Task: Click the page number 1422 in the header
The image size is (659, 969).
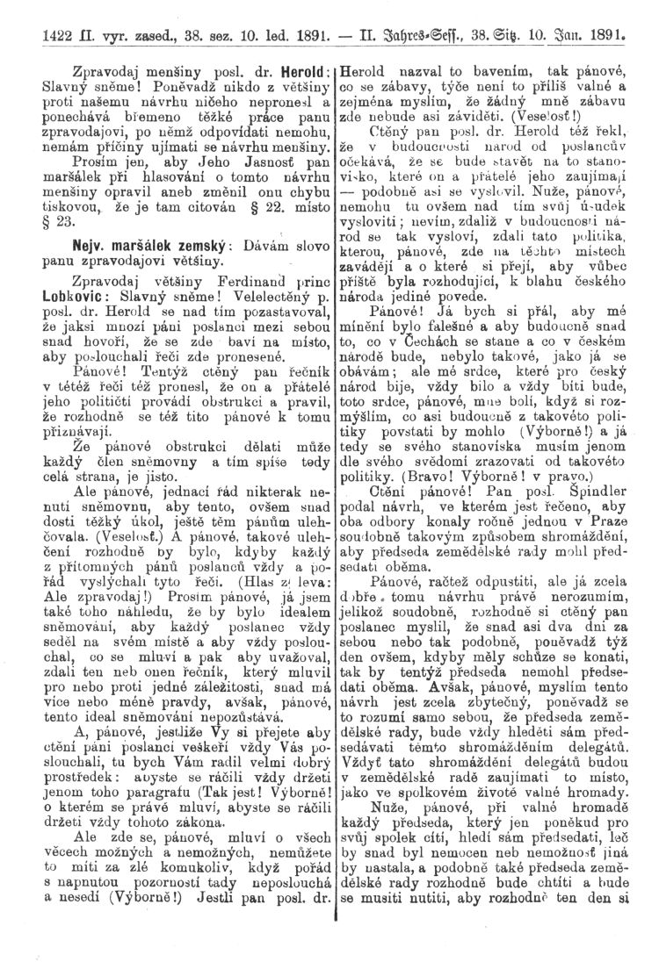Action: tap(45, 38)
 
